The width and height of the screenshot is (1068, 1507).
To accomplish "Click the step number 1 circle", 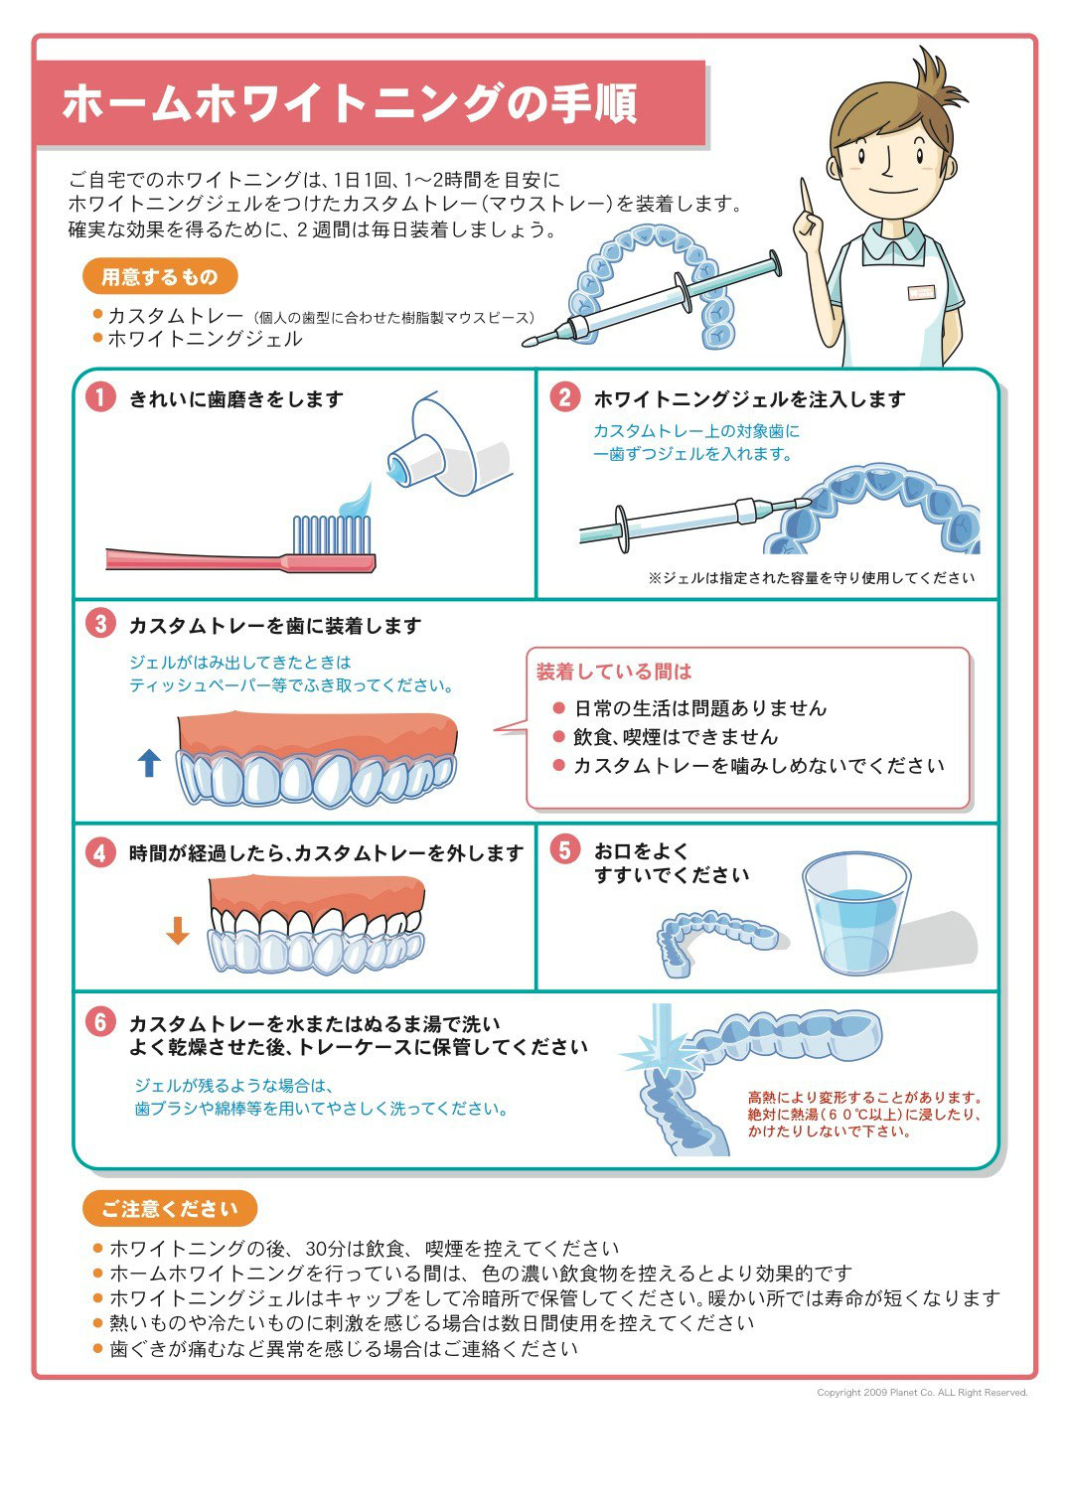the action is pos(100,397).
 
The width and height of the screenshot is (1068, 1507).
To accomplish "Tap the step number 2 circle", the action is pos(564,397).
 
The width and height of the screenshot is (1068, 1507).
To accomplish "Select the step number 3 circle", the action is pos(100,624).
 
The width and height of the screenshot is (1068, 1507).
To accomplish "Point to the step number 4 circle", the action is pos(100,852).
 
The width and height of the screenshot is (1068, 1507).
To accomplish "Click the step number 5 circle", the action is pos(564,849).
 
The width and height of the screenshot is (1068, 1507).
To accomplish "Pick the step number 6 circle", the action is pos(100,1022).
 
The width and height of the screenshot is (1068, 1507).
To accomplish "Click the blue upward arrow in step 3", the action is pos(149,763).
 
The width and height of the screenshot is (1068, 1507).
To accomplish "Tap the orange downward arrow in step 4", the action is pos(177,930).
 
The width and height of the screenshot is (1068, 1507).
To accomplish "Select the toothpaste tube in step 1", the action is pos(449,447).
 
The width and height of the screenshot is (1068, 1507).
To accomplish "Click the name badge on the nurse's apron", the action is pos(920,292).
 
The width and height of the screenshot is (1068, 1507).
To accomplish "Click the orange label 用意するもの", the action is pos(160,276).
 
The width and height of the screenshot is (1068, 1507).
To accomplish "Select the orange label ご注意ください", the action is pos(170,1208).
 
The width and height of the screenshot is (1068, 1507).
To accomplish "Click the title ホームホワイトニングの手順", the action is pos(350,103).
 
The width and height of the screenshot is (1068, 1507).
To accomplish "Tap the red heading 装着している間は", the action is pos(613,671).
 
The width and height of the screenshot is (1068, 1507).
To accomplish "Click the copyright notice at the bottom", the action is pos(922,1393).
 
